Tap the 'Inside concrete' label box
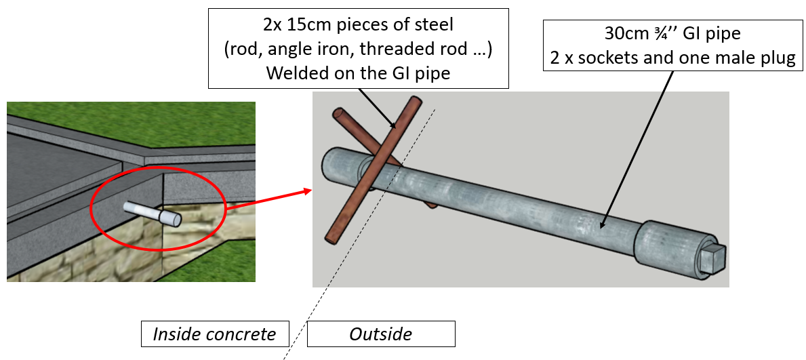pyautogui.click(x=215, y=334)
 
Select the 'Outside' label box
pyautogui.click(x=380, y=334)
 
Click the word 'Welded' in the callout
pyautogui.click(x=294, y=73)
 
